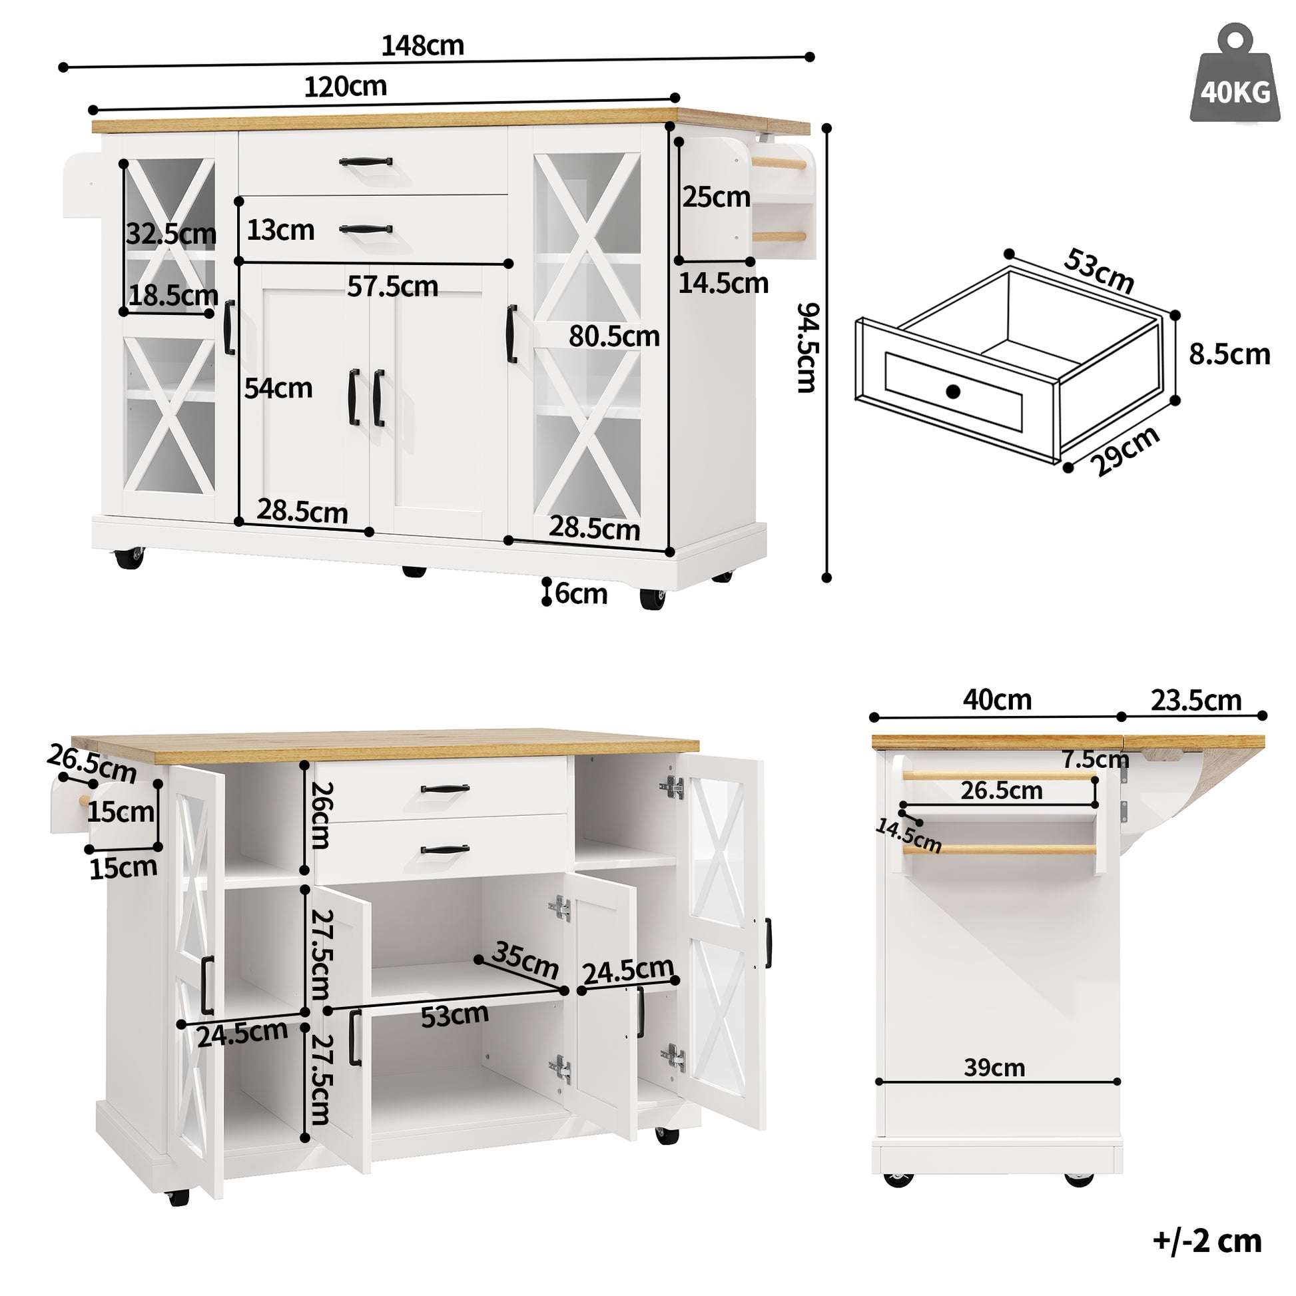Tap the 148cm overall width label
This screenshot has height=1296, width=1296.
pyautogui.click(x=423, y=45)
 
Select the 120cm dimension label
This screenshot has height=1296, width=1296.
pyautogui.click(x=346, y=87)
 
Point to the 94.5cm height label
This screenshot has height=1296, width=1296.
pyautogui.click(x=808, y=347)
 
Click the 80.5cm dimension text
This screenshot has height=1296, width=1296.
pyautogui.click(x=614, y=336)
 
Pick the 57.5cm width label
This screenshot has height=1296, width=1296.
pyautogui.click(x=392, y=286)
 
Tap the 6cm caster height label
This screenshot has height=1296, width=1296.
pyautogui.click(x=581, y=593)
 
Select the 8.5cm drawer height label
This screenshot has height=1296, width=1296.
pyautogui.click(x=1229, y=354)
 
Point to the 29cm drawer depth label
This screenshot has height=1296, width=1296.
pyautogui.click(x=1124, y=451)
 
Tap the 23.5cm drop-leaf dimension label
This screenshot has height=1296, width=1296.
pyautogui.click(x=1196, y=701)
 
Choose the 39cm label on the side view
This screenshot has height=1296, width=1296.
pyautogui.click(x=994, y=1067)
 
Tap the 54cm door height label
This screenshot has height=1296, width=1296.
pyautogui.click(x=278, y=388)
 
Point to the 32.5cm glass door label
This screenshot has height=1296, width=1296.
pyautogui.click(x=171, y=234)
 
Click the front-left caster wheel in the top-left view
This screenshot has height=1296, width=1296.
pyautogui.click(x=129, y=558)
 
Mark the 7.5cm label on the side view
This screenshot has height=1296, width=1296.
pyautogui.click(x=1095, y=759)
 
